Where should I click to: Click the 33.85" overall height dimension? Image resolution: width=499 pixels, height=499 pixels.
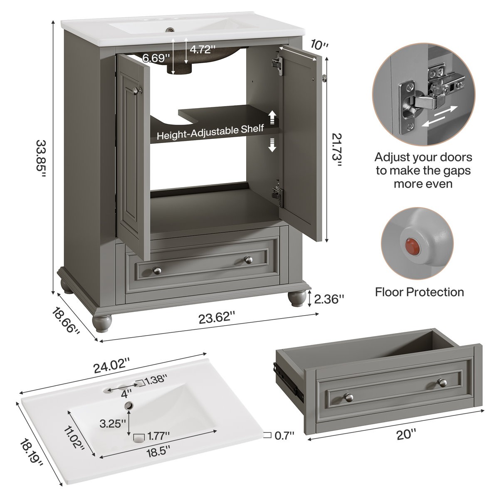(x=41, y=159)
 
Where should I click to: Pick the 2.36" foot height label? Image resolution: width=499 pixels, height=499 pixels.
(x=329, y=299)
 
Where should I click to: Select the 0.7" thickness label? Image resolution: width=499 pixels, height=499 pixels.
(x=284, y=435)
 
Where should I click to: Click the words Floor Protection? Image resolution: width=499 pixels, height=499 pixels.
(x=420, y=292)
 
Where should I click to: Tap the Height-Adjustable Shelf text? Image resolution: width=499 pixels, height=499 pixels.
(x=210, y=132)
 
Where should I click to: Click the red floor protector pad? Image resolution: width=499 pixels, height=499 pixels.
(x=410, y=245)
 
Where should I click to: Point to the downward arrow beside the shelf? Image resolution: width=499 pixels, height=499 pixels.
(x=272, y=146)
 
